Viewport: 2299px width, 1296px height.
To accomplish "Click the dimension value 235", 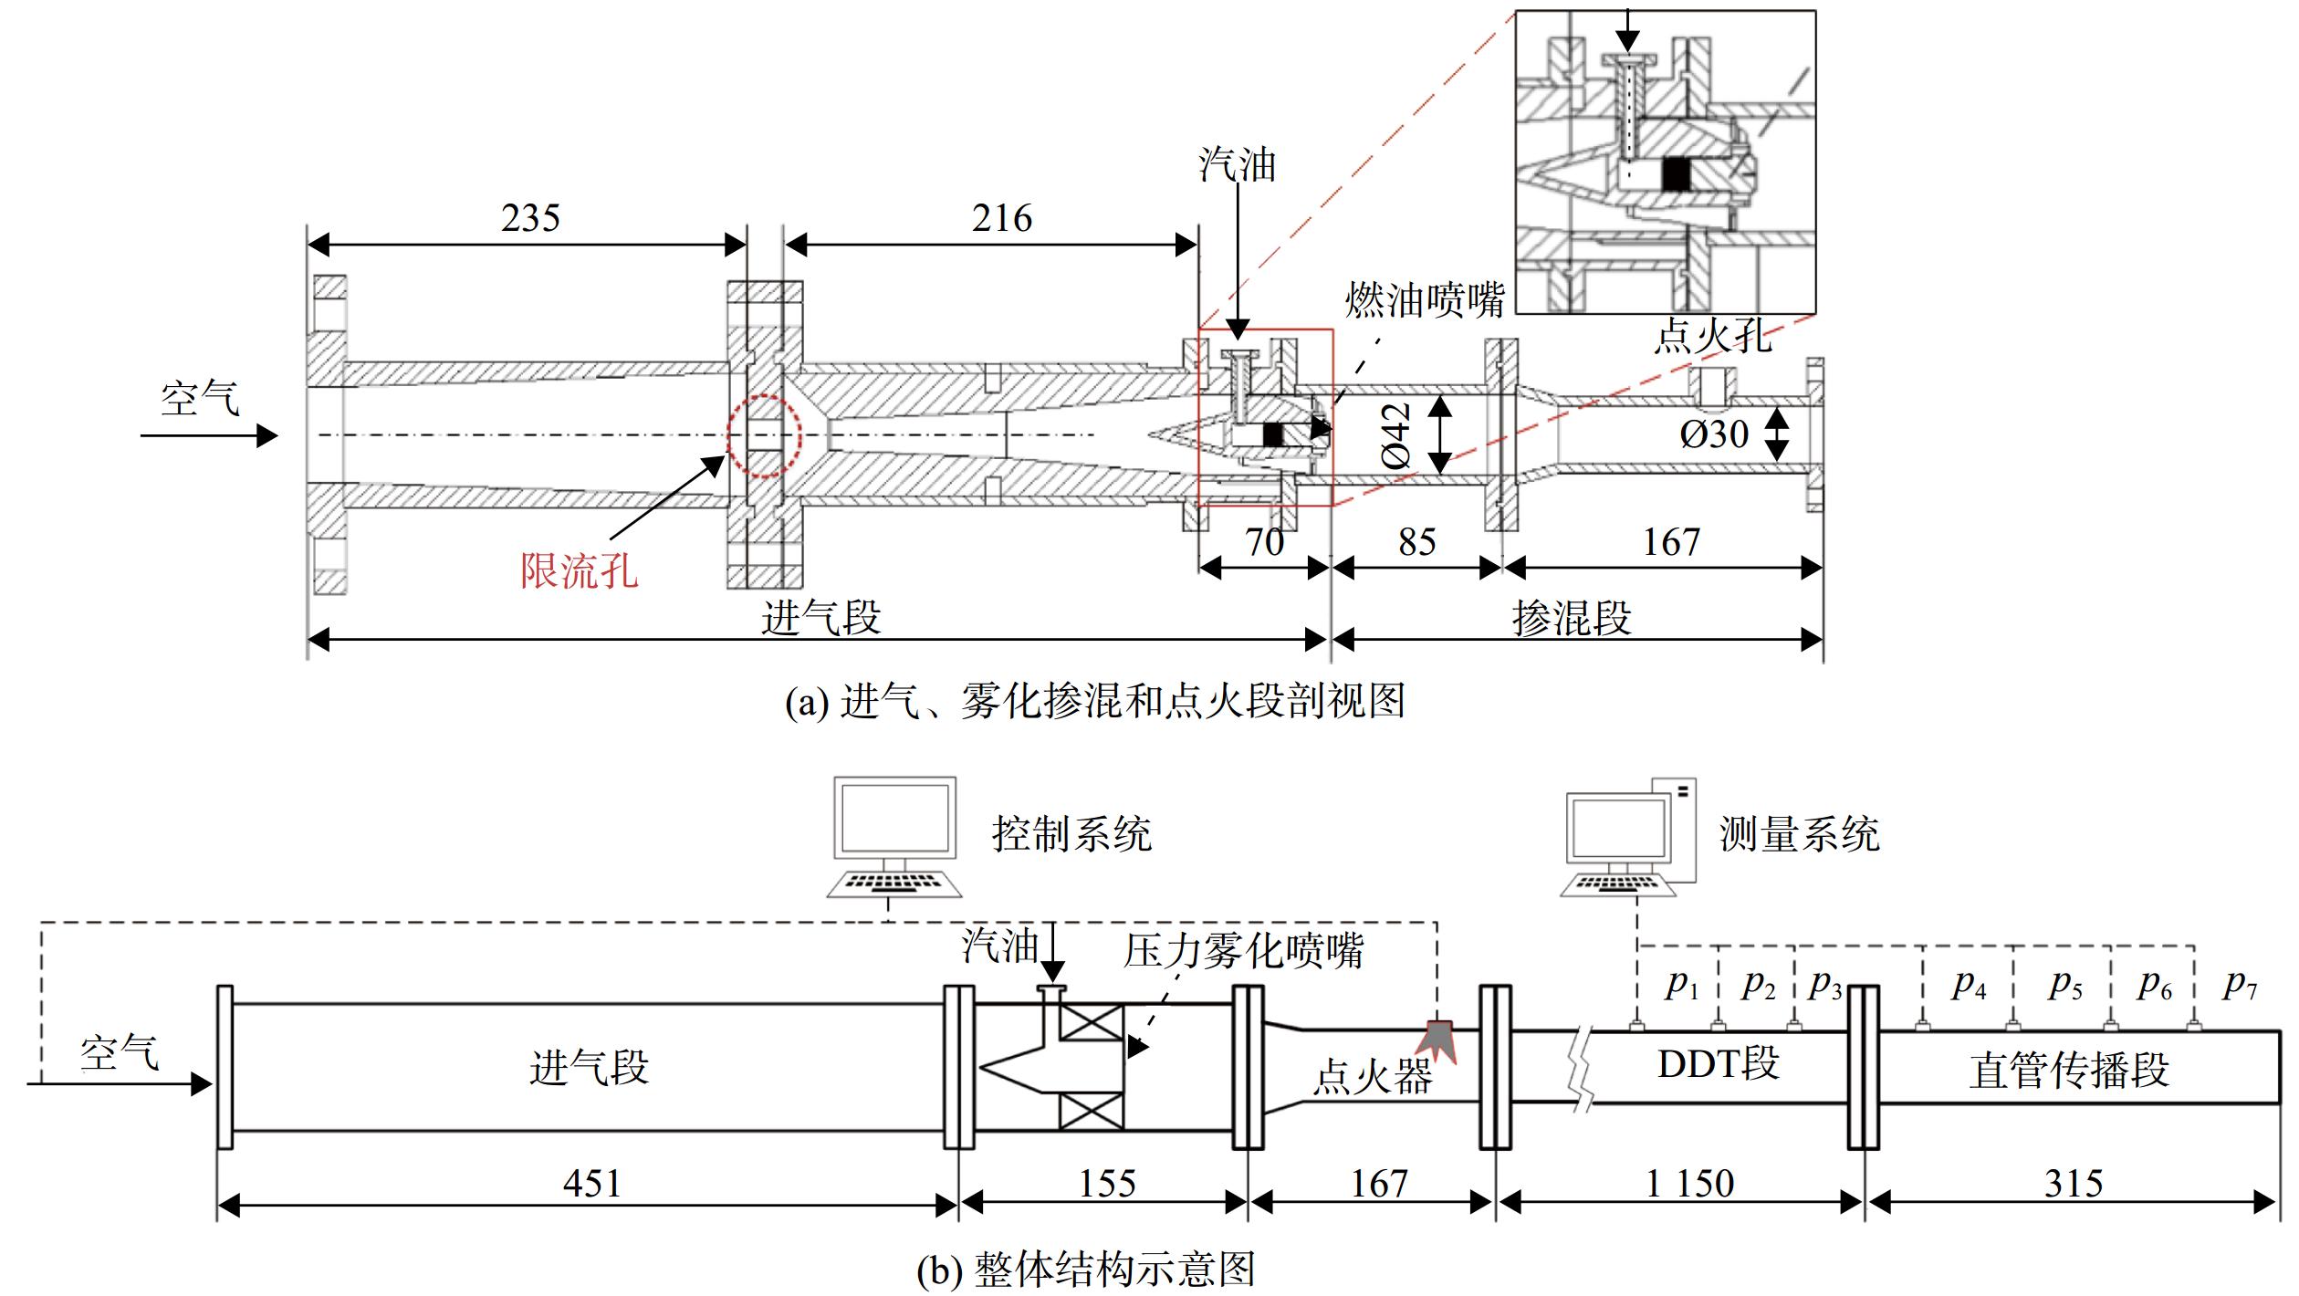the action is click(x=530, y=218).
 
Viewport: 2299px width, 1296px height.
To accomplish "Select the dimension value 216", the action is click(x=1001, y=218).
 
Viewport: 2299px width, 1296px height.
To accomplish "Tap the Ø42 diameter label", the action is click(x=1395, y=436).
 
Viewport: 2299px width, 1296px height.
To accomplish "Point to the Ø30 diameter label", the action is click(x=1714, y=434).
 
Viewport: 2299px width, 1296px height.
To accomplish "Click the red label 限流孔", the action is click(x=580, y=571).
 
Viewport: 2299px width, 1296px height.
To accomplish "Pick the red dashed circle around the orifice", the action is click(x=764, y=436).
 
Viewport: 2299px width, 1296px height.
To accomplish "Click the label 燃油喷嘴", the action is click(x=1425, y=299).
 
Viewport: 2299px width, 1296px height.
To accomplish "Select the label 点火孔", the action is click(x=1713, y=337).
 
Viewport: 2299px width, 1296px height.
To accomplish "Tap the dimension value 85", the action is click(x=1417, y=542).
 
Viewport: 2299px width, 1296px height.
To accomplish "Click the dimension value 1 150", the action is click(x=1689, y=1184).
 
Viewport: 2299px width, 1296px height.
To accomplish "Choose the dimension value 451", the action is click(x=592, y=1184).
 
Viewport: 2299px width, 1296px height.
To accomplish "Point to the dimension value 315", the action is click(x=2074, y=1184).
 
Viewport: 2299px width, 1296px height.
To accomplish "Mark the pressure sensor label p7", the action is click(x=2241, y=986).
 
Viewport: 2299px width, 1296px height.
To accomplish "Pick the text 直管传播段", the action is click(x=2069, y=1071).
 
